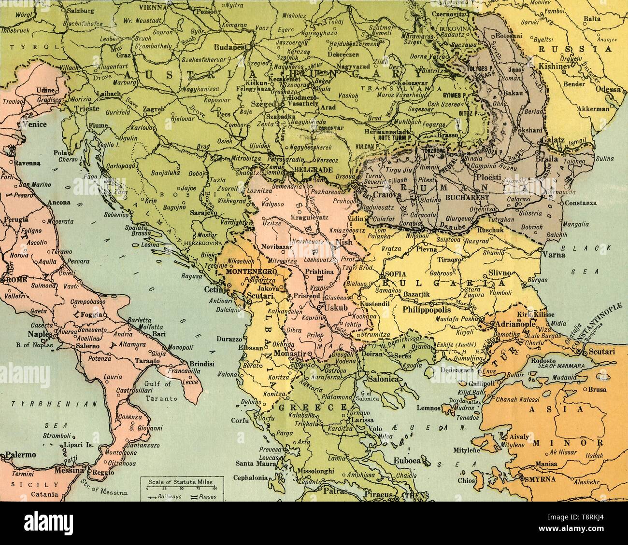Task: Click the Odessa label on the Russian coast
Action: (x=607, y=89)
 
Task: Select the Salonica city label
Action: (x=384, y=379)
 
